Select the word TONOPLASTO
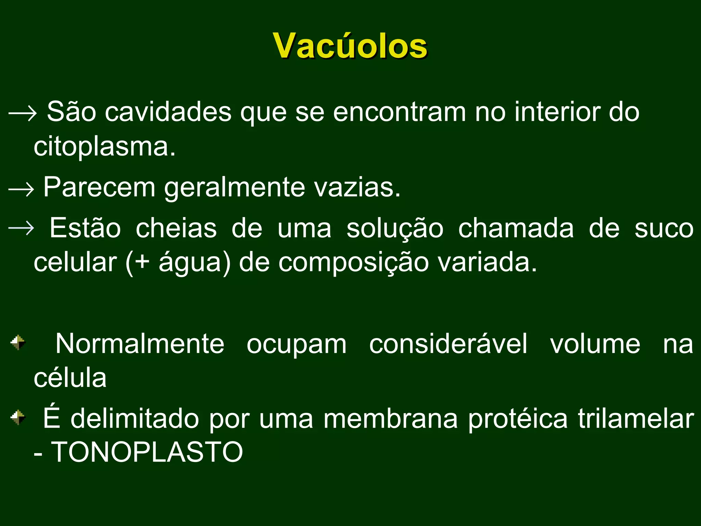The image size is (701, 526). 147,452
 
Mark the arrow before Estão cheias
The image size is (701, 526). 21,228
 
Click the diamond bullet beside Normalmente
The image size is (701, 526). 18,342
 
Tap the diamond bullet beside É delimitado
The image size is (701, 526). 18,417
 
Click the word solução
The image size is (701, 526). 395,229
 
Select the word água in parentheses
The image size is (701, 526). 190,263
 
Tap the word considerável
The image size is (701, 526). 448,344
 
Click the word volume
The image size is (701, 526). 595,344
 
